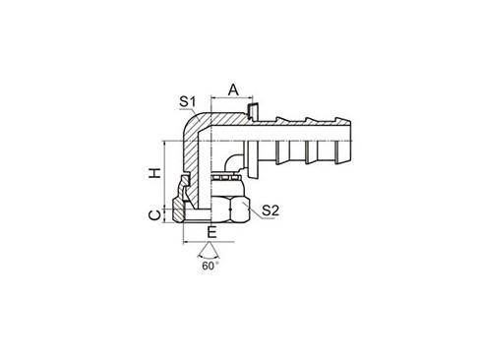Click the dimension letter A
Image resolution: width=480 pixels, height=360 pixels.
(233, 89)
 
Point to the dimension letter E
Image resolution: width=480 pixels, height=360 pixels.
(211, 233)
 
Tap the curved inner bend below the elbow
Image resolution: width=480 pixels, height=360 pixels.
(227, 163)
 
